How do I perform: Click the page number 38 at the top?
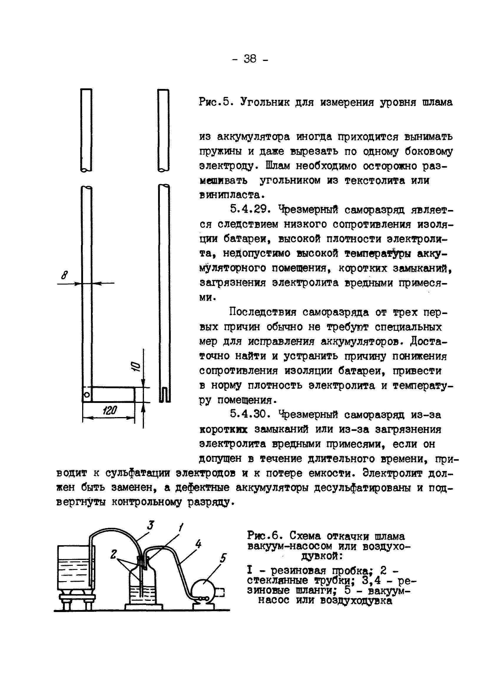[250, 58]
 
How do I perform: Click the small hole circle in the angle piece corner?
[87, 394]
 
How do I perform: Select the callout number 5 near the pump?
[223, 558]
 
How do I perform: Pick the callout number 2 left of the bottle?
[114, 554]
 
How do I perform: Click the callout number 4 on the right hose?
[198, 544]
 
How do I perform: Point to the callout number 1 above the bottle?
[181, 528]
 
